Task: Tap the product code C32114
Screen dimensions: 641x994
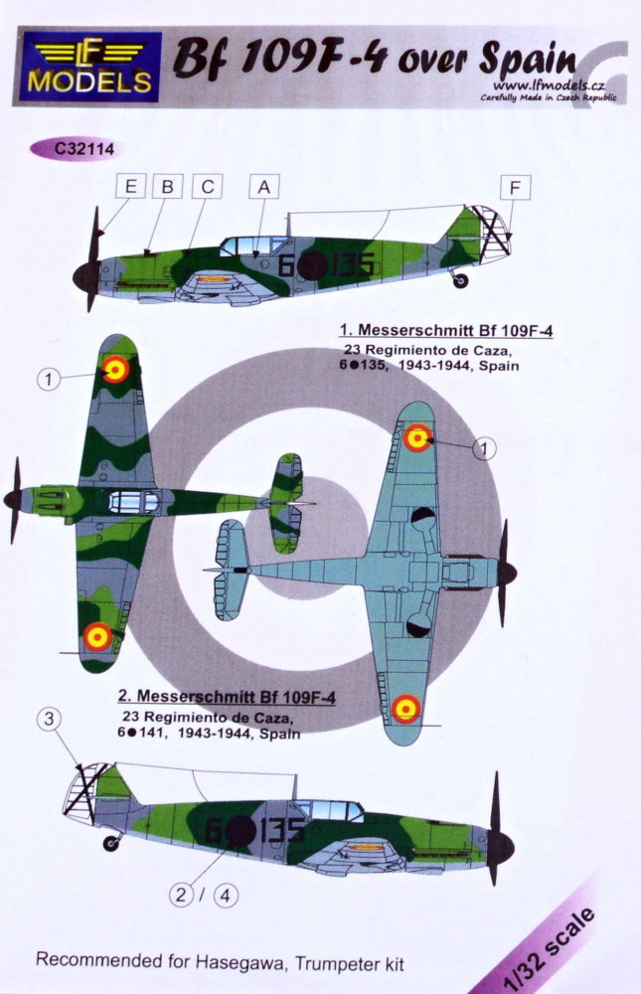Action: (75, 150)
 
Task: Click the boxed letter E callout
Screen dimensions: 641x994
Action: (131, 187)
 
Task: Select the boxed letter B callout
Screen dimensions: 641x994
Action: (168, 187)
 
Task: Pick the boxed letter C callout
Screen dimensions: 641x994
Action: (208, 187)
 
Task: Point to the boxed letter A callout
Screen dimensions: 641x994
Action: (263, 187)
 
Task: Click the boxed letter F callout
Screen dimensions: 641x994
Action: (515, 188)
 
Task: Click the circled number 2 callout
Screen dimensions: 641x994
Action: (181, 896)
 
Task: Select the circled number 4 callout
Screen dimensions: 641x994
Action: (227, 896)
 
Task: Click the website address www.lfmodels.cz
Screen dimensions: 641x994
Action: (549, 85)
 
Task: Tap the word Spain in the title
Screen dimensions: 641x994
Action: (528, 61)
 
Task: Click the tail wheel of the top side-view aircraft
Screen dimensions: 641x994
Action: (461, 280)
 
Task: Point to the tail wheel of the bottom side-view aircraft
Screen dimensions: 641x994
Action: (111, 843)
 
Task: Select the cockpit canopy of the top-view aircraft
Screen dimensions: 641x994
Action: (133, 502)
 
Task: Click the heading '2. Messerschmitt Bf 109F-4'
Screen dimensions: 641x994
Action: (227, 696)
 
